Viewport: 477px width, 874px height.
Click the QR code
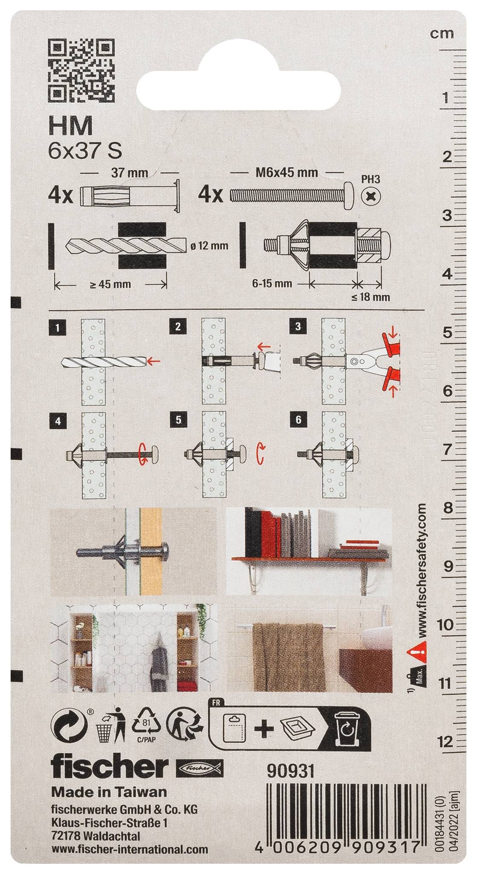[82, 69]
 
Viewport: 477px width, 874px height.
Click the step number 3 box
[298, 327]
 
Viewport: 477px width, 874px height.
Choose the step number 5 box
[178, 420]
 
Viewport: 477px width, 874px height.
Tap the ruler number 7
[447, 449]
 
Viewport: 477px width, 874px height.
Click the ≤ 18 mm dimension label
[371, 297]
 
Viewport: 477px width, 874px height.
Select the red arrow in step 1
[153, 362]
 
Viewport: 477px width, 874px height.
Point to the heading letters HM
[71, 126]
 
